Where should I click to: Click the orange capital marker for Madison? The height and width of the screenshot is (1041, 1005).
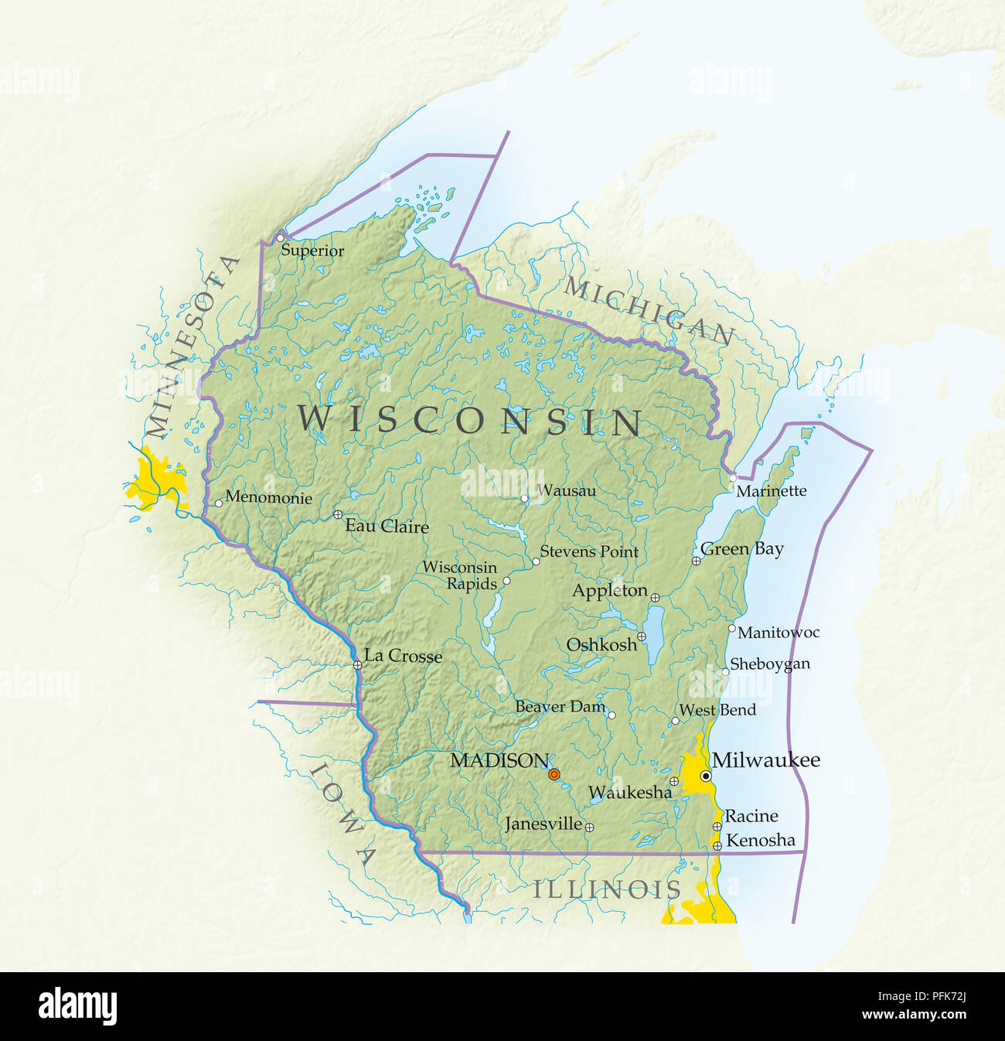(x=554, y=774)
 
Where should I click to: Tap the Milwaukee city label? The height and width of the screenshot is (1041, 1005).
(x=765, y=760)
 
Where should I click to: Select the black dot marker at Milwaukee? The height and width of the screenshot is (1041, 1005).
(x=705, y=776)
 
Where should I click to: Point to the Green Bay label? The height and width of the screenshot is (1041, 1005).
(x=742, y=549)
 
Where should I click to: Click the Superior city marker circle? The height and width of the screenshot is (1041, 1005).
(x=280, y=238)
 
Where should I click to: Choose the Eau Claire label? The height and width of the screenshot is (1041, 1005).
(x=387, y=527)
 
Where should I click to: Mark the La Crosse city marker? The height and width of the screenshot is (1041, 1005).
(x=357, y=665)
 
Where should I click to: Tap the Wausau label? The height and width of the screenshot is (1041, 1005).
(x=567, y=490)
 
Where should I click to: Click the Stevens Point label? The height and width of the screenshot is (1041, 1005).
(x=589, y=551)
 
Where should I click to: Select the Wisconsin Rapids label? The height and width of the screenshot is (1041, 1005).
(x=461, y=575)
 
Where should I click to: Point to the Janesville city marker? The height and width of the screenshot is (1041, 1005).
(x=589, y=827)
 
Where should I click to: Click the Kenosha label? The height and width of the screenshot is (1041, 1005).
(x=761, y=840)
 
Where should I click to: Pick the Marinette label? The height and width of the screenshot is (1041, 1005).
(x=771, y=491)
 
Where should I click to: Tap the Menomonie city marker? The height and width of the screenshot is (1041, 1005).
(x=218, y=503)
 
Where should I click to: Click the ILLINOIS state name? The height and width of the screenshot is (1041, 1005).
(x=607, y=889)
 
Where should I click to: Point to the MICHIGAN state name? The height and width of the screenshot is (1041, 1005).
(x=648, y=310)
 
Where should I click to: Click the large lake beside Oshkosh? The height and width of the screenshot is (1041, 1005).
(x=655, y=634)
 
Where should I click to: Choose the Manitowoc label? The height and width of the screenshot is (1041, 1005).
(x=778, y=633)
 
